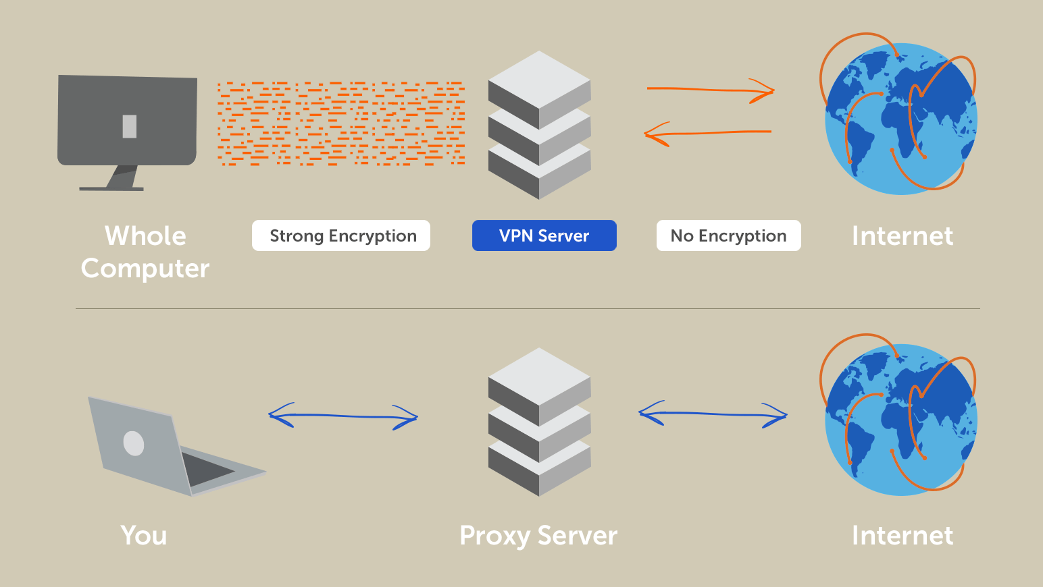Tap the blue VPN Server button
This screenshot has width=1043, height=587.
point(544,235)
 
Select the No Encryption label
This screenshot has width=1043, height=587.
point(729,235)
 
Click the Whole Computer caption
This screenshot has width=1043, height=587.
point(145,252)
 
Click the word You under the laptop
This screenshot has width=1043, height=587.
point(143,535)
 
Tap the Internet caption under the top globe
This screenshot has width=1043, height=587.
point(902,236)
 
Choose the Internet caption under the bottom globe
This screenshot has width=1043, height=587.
point(902,535)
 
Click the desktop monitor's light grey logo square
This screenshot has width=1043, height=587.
point(130,127)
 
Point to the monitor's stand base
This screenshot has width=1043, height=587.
point(111,189)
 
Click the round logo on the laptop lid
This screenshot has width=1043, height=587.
point(134,443)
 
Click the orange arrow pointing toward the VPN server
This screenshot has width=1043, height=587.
point(708,134)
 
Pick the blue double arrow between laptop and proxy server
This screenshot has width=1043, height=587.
point(343,416)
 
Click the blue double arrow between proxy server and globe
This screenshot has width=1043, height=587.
point(713,414)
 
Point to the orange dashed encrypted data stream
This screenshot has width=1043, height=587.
point(341,123)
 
